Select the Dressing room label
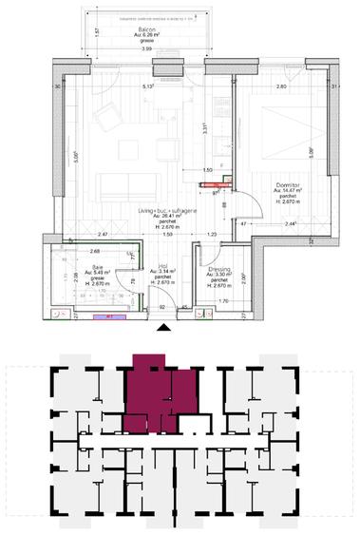click(x=219, y=269)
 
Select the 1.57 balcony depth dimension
click(x=98, y=31)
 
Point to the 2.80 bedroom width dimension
click(x=281, y=86)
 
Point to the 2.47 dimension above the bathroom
click(x=77, y=234)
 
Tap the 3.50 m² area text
click(x=219, y=276)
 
